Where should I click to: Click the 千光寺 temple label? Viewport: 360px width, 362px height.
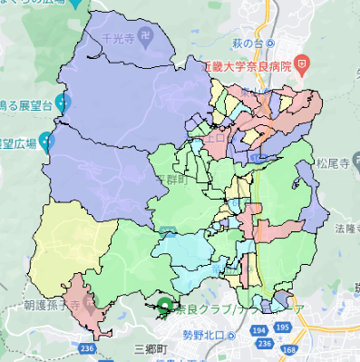pyautogui.click(x=118, y=40)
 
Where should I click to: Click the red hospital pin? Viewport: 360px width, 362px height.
pyautogui.click(x=302, y=65)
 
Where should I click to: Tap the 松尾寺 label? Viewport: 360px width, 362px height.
pyautogui.click(x=336, y=166)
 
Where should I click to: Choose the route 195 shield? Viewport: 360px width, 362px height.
pyautogui.click(x=262, y=346)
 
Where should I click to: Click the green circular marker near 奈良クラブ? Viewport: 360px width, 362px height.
pyautogui.click(x=164, y=307)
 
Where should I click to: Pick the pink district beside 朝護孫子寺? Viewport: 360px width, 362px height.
pyautogui.click(x=91, y=299)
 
